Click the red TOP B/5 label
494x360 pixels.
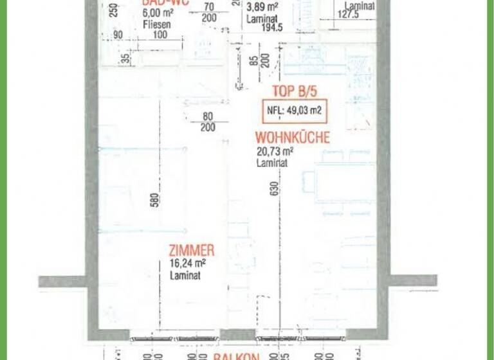(x=295, y=91)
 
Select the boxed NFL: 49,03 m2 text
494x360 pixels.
(x=294, y=111)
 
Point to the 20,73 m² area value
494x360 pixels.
(x=275, y=152)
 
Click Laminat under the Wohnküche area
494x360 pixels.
(x=271, y=163)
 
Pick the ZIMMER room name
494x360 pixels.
(x=191, y=251)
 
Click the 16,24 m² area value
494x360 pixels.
(x=188, y=264)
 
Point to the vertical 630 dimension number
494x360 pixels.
(x=274, y=189)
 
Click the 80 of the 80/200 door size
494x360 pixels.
(x=208, y=117)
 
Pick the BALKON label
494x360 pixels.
(x=237, y=355)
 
